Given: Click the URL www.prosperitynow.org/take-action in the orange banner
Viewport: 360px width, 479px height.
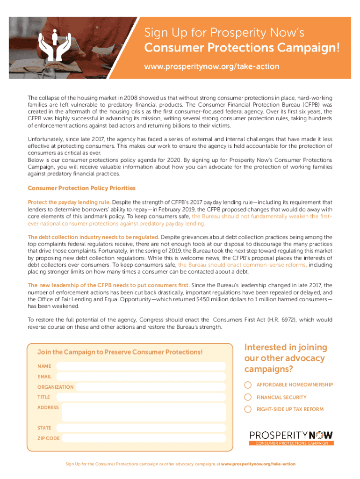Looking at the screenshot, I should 211,66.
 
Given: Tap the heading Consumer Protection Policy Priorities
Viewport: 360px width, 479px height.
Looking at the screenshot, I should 81,188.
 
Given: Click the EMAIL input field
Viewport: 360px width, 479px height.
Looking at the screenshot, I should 140,377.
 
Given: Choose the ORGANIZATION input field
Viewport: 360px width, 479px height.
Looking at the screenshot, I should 151,387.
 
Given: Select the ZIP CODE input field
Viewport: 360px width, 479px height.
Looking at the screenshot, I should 143,438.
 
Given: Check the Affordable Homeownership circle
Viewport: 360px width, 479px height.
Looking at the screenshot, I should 248,385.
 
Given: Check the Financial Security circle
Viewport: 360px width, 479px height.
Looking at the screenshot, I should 248,397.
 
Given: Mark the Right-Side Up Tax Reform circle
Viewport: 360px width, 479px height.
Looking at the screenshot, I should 248,409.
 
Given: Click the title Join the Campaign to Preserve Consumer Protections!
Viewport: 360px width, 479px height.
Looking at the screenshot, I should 120,352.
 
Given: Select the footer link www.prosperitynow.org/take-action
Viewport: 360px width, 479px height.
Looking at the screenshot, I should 258,464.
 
